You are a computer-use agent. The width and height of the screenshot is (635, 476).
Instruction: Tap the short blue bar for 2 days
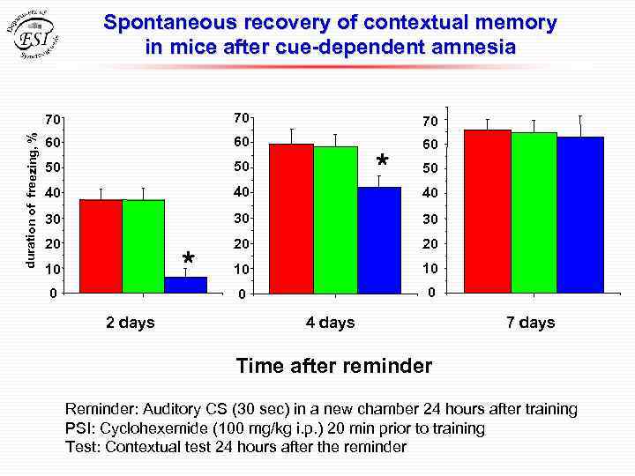tap(185, 284)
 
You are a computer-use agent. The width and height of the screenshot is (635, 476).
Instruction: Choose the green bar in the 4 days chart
tap(335, 219)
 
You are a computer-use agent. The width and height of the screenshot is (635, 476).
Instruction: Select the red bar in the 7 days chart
tap(488, 211)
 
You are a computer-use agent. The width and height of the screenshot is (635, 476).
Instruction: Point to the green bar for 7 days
tap(534, 212)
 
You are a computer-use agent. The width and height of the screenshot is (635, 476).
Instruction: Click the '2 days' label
tap(131, 323)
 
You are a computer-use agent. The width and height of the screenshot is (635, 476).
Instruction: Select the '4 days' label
tap(330, 323)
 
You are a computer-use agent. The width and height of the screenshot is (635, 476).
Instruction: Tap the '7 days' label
tap(531, 323)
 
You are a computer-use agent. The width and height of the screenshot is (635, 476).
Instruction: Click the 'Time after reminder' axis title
tap(333, 366)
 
